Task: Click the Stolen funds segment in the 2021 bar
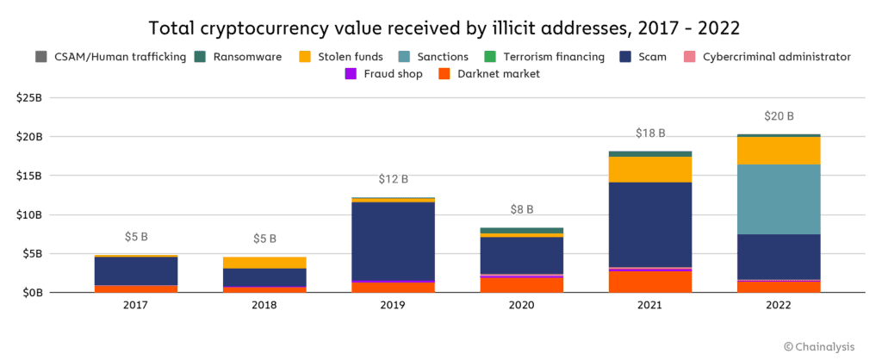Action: pyautogui.click(x=650, y=169)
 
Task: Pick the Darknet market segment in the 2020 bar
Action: pyautogui.click(x=522, y=284)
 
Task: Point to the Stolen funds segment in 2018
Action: pyautogui.click(x=264, y=262)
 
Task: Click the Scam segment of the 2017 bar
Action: pyautogui.click(x=136, y=270)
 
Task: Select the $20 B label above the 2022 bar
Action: pyautogui.click(x=778, y=116)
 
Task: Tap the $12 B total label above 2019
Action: pyautogui.click(x=393, y=179)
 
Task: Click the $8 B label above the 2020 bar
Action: pyautogui.click(x=522, y=209)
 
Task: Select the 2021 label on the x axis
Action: pyautogui.click(x=650, y=307)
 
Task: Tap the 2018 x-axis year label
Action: pyautogui.click(x=264, y=307)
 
